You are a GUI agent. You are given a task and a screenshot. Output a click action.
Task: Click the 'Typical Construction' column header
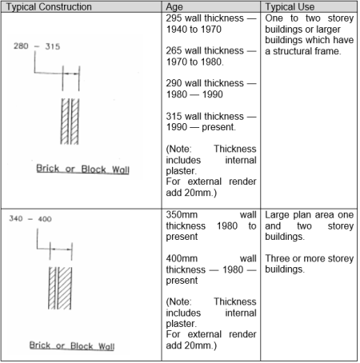[49, 7]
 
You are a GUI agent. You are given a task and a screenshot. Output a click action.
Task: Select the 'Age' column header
[174, 7]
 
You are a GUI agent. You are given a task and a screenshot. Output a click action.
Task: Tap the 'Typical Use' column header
[290, 7]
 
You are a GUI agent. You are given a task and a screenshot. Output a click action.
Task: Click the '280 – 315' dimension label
[37, 46]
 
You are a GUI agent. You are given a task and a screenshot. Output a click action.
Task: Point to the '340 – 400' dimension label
[30, 219]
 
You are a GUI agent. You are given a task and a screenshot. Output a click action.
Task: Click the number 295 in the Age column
[174, 18]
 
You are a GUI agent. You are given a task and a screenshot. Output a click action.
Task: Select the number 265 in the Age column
[174, 50]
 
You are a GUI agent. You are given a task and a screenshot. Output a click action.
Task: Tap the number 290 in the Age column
[174, 83]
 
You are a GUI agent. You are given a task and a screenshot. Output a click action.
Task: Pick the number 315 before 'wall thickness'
[174, 116]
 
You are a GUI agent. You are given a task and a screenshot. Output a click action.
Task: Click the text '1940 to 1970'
[194, 30]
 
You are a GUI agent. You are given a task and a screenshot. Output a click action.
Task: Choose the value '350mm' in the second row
[182, 215]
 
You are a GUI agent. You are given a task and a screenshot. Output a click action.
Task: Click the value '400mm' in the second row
[182, 258]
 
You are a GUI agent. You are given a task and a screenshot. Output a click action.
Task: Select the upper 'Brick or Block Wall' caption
[82, 169]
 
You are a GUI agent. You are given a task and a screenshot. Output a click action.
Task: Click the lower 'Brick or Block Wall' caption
[72, 346]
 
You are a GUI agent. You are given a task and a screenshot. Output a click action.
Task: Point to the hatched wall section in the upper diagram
[70, 122]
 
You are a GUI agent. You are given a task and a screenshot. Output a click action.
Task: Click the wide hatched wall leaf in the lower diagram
[65, 288]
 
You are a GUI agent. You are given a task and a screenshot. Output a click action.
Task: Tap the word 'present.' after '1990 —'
[218, 127]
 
